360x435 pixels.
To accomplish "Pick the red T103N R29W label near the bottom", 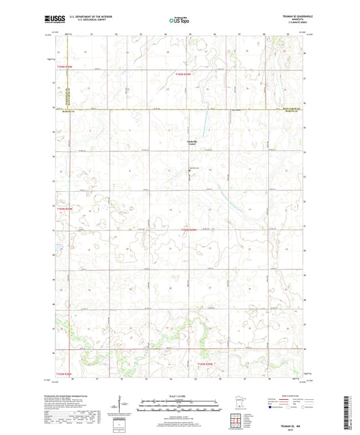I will click(x=205, y=365).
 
